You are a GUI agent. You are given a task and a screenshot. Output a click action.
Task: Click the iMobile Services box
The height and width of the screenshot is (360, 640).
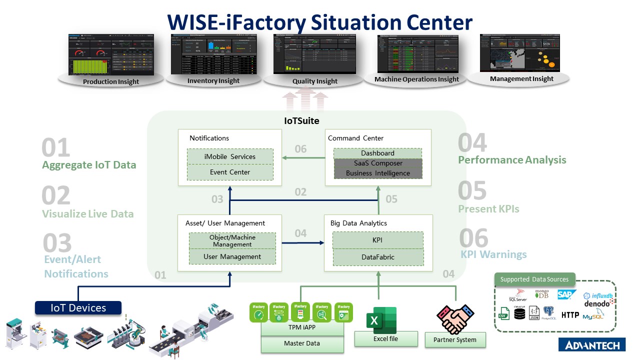pyautogui.click(x=230, y=156)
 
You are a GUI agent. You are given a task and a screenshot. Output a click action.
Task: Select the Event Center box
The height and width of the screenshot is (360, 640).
pyautogui.click(x=230, y=172)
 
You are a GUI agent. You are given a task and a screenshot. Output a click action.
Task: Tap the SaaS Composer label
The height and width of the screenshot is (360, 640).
pyautogui.click(x=378, y=163)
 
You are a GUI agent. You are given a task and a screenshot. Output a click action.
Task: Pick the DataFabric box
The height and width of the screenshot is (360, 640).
pyautogui.click(x=378, y=257)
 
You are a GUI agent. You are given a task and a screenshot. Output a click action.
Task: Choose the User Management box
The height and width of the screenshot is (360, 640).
pyautogui.click(x=232, y=256)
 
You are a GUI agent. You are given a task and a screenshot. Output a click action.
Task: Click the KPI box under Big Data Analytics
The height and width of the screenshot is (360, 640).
pyautogui.click(x=378, y=240)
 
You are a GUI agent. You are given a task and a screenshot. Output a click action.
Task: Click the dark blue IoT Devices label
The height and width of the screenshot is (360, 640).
pyautogui.click(x=78, y=307)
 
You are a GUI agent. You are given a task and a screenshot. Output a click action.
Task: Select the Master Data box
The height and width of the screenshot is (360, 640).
pyautogui.click(x=302, y=343)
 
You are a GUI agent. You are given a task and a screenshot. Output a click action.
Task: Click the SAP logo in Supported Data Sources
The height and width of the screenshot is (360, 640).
pyautogui.click(x=567, y=294)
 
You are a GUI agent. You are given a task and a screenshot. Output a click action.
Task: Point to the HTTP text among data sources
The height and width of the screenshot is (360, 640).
pyautogui.click(x=570, y=315)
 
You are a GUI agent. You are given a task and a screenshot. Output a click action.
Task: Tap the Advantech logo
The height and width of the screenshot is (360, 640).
pyautogui.click(x=591, y=345)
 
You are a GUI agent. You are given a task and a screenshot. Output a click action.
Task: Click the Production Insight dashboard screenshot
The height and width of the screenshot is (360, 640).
pyautogui.click(x=110, y=54)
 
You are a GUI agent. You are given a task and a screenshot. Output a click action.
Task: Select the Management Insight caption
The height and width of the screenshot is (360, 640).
pyautogui.click(x=521, y=78)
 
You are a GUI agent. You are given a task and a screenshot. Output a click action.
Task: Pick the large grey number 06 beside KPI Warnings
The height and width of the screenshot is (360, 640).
pyautogui.click(x=473, y=238)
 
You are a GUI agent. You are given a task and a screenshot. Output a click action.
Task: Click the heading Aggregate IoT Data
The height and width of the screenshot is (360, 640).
pyautogui.click(x=89, y=165)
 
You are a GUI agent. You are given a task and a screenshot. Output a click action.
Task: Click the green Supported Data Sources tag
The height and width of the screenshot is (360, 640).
pyautogui.click(x=535, y=279)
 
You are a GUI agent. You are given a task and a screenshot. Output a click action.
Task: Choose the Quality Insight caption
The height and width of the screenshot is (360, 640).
pyautogui.click(x=315, y=81)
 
